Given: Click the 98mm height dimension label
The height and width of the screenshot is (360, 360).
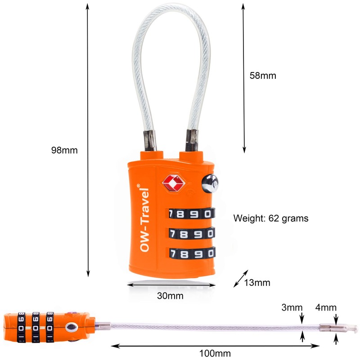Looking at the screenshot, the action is (x=64, y=150).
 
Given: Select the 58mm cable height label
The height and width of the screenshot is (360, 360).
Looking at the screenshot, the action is (x=263, y=76).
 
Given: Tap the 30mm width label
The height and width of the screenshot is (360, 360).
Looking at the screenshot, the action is (x=170, y=296).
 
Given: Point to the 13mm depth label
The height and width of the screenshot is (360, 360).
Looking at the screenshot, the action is (x=257, y=283).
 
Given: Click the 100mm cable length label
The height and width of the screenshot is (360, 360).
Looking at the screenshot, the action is (x=215, y=353).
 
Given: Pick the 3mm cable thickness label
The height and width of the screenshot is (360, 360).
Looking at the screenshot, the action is (x=292, y=307).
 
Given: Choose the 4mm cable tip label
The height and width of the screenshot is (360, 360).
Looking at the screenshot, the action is (x=326, y=307).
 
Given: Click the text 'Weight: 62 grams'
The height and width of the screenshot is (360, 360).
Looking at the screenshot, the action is (x=271, y=218).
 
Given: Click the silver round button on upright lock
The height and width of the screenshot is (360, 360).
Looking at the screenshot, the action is (x=210, y=184).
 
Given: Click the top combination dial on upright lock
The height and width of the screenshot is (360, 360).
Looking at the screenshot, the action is (x=192, y=213).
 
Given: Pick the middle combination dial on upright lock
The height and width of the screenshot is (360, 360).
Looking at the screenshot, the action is (x=192, y=234).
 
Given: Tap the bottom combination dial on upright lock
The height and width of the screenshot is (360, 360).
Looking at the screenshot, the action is (x=193, y=253).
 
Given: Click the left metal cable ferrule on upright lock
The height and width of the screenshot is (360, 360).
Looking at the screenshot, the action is (x=150, y=140).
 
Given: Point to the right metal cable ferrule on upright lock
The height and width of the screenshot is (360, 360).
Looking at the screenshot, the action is (x=192, y=140).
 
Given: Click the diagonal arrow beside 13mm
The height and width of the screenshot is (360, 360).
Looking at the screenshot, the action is (x=241, y=279).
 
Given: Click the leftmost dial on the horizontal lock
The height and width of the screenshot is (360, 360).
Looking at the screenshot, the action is (x=21, y=327).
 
